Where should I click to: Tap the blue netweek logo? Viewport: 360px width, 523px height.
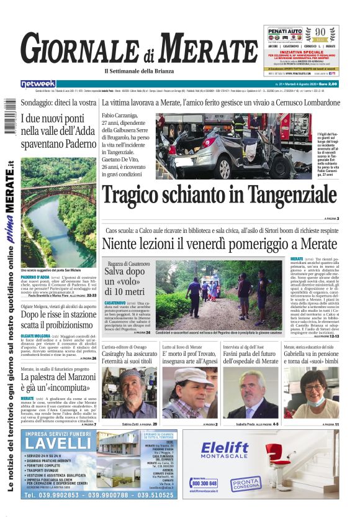pyautogui.click(x=38, y=83)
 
